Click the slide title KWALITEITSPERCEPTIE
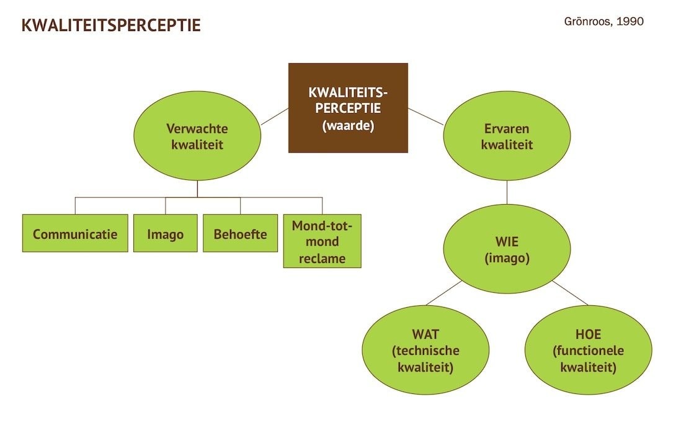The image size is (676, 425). [x=111, y=25]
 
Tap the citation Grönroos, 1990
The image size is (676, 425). [x=604, y=21]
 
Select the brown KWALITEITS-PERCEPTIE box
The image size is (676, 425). [x=348, y=107]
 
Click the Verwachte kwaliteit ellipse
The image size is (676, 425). [x=197, y=136]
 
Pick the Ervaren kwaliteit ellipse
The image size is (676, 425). [x=507, y=136]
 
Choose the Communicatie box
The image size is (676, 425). [x=75, y=233]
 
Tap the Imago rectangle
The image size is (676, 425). [x=165, y=233]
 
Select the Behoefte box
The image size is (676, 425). [x=240, y=233]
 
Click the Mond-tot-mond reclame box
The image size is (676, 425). [x=322, y=241]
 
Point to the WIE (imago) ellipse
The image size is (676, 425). [x=507, y=249]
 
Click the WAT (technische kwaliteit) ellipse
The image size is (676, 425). [x=425, y=350]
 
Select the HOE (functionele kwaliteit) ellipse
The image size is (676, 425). [x=588, y=350]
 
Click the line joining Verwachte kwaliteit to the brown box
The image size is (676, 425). [x=274, y=117]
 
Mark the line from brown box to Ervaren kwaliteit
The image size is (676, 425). [x=425, y=117]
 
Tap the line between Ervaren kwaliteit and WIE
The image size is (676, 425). [x=507, y=192]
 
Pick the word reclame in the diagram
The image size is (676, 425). [x=322, y=258]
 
